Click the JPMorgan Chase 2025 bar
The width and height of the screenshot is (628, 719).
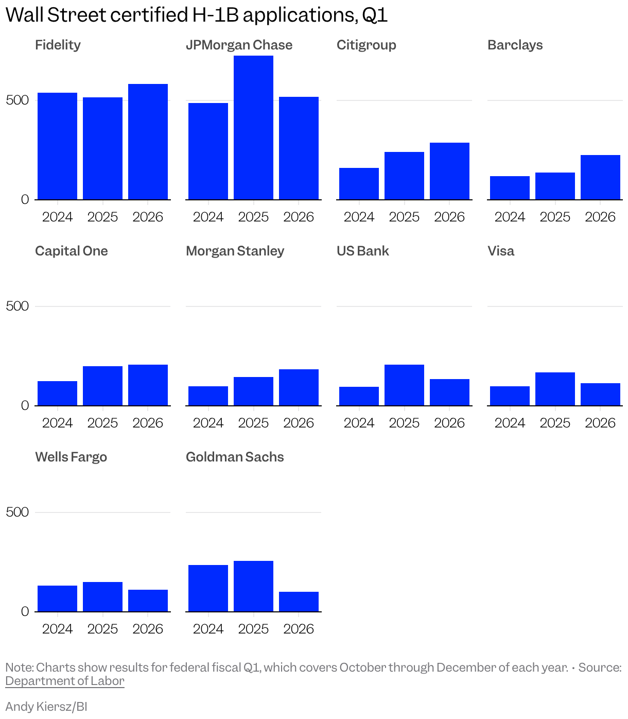click(x=253, y=128)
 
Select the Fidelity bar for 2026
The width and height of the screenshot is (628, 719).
click(x=148, y=142)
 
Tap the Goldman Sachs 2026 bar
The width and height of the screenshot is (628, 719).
click(x=299, y=602)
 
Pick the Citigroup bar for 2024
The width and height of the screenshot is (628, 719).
click(x=359, y=184)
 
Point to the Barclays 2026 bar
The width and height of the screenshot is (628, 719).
click(x=600, y=177)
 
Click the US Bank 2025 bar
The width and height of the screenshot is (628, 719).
click(x=404, y=385)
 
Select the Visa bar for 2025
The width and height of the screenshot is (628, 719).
click(x=555, y=389)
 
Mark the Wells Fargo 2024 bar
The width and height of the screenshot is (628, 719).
click(x=57, y=598)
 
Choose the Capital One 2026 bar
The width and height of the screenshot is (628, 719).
click(x=148, y=385)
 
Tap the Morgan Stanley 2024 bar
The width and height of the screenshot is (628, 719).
click(x=208, y=396)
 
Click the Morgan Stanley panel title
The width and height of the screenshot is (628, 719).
click(x=235, y=251)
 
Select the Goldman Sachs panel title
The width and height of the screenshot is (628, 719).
click(x=235, y=457)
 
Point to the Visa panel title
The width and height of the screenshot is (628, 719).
click(x=501, y=251)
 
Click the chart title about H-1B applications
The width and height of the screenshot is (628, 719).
click(x=196, y=15)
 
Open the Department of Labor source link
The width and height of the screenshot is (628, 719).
click(x=65, y=681)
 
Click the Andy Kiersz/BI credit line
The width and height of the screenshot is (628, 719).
click(x=46, y=706)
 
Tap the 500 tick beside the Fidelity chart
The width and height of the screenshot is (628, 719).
click(x=18, y=100)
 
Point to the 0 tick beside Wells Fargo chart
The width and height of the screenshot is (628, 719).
click(x=25, y=611)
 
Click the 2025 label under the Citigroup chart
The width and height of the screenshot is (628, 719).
click(x=404, y=217)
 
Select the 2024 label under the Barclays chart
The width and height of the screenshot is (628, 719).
click(x=510, y=217)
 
